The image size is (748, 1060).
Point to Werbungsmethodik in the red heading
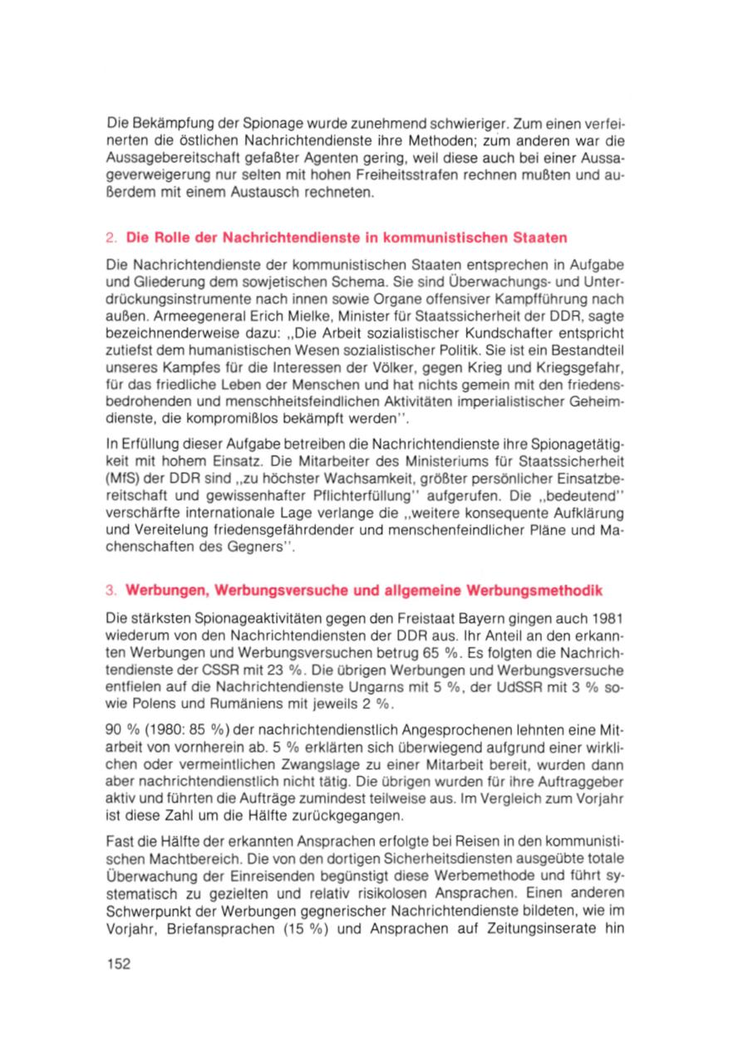click(540, 590)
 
